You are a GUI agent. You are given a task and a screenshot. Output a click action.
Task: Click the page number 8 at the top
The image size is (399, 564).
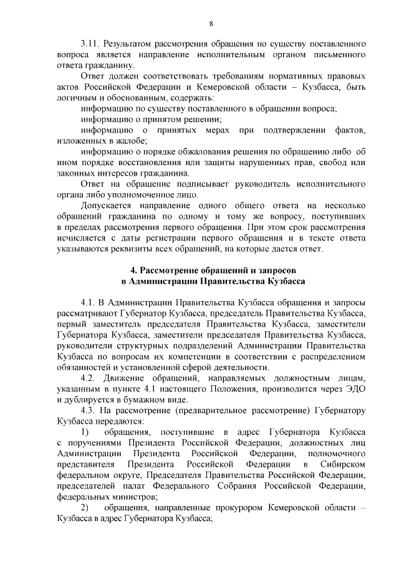click(211, 24)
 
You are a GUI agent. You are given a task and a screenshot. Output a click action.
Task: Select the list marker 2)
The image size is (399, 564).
click(86, 509)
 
